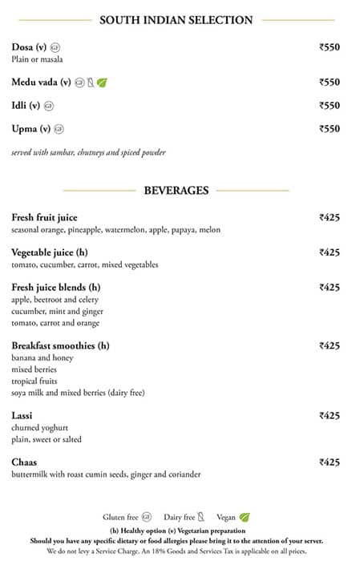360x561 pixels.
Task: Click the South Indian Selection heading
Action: coord(176,20)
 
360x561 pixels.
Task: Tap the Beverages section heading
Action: coord(176,191)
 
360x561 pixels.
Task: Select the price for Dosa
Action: coord(330,47)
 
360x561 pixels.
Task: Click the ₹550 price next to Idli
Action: coord(330,106)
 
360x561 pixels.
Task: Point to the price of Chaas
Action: coord(330,462)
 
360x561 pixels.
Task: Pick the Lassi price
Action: coord(330,416)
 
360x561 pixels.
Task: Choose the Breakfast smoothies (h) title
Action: coord(60,346)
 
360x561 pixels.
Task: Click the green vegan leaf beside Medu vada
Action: coord(102,83)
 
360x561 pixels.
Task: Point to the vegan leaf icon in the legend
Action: coord(244,518)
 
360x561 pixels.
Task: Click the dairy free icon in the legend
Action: coord(201,518)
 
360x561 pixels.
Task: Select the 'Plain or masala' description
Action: coord(37,60)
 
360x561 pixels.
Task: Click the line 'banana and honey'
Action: coord(42,358)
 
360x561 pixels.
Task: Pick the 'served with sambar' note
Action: coord(88,152)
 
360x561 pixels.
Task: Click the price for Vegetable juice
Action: coord(330,252)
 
